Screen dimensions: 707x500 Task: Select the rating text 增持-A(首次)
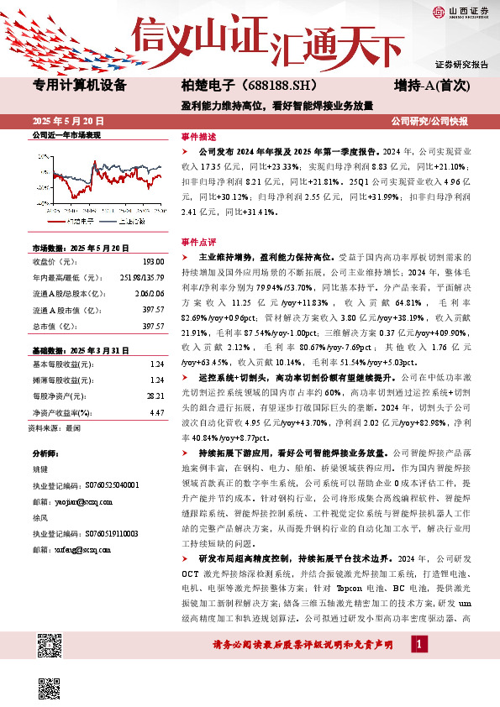pyautogui.click(x=431, y=85)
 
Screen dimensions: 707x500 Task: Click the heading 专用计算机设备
pyautogui.click(x=79, y=85)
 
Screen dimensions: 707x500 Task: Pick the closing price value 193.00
pyautogui.click(x=151, y=261)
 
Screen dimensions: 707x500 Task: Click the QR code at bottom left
pyautogui.click(x=50, y=647)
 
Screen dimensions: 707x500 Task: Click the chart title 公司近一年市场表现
pyautogui.click(x=66, y=134)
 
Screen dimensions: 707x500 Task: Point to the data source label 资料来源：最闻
pyautogui.click(x=55, y=427)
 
